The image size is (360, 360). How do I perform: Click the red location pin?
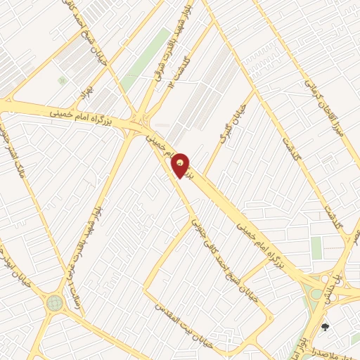pos(181,165)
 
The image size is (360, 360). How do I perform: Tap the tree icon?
pos(325,327)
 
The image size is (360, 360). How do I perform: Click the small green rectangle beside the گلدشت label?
pos(316,247)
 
